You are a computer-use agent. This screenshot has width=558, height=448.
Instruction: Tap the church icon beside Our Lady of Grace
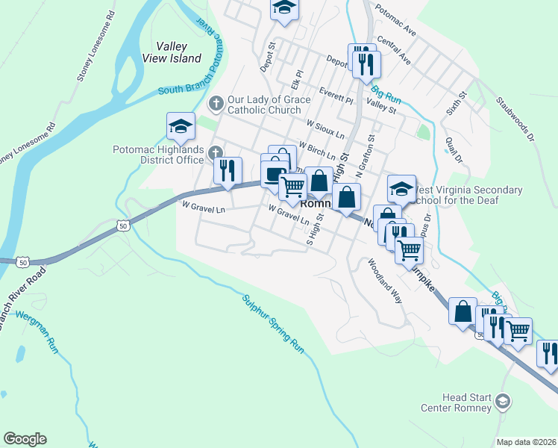coord(216,102)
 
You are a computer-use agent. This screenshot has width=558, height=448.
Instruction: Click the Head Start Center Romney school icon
coord(504,402)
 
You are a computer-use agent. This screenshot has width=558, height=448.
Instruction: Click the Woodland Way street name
coord(384,281)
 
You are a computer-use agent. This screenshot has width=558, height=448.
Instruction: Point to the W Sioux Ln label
coord(325,128)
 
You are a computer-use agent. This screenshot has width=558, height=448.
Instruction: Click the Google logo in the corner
coord(25,439)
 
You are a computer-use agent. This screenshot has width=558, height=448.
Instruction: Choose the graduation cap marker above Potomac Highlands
coord(181,128)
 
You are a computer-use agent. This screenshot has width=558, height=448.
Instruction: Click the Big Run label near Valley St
coord(386,95)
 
